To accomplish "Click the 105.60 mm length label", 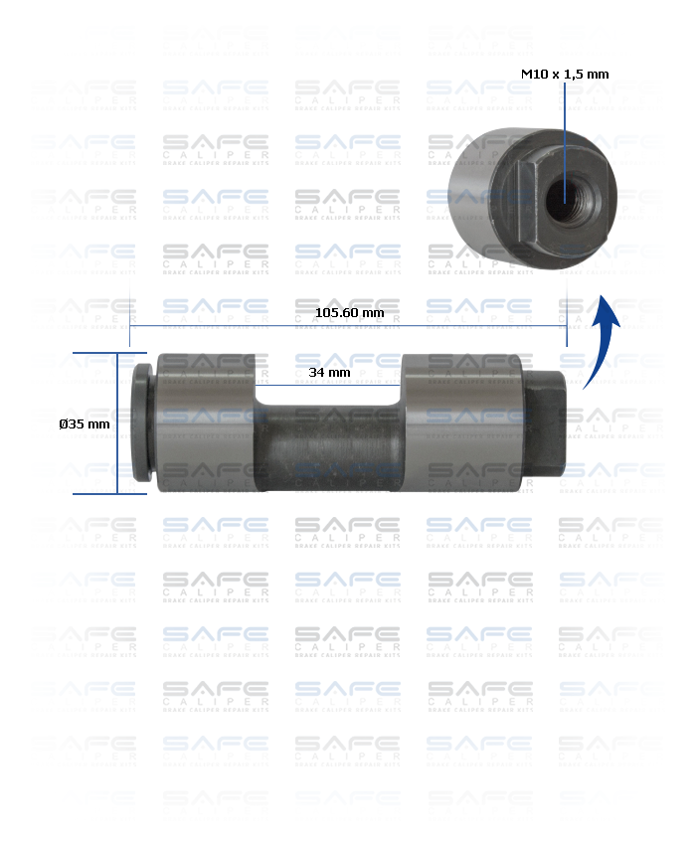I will coord(349,312).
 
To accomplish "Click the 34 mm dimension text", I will coord(329,372).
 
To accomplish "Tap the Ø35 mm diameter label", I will coord(85,423).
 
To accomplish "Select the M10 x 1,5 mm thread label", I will coord(565,74).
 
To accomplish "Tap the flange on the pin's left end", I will coord(142,422).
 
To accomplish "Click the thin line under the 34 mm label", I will coord(329,384).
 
